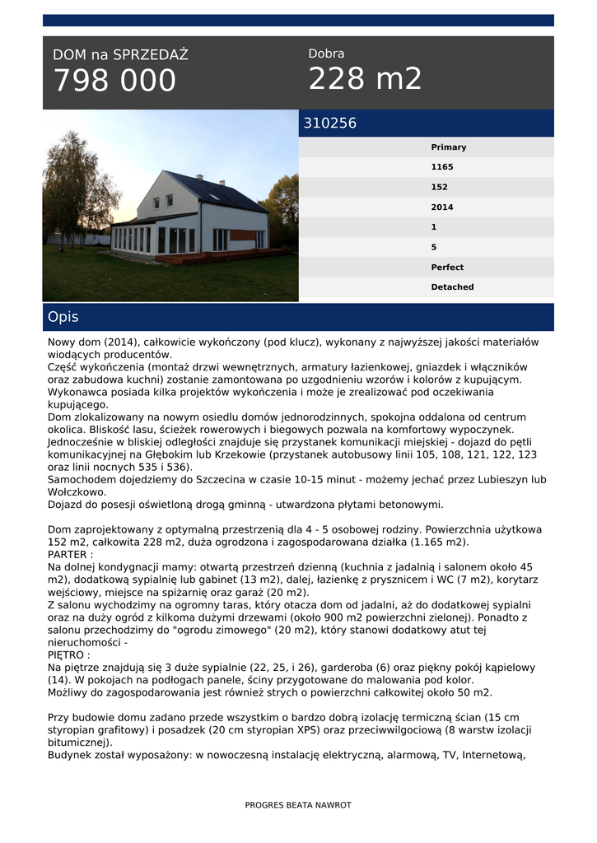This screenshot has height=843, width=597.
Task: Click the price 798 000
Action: point(114,81)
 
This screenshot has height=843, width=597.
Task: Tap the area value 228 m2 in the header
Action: point(365,79)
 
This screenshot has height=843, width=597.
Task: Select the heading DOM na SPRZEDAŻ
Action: point(120,55)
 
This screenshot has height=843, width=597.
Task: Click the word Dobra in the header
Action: point(326,54)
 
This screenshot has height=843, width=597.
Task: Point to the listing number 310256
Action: point(330,123)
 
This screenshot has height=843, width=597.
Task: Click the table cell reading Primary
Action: point(449,147)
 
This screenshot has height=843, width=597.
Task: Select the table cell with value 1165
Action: point(442,167)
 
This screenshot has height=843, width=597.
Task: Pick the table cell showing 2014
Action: point(442,207)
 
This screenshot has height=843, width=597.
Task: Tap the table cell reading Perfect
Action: point(447,268)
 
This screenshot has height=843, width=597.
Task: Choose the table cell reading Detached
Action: point(452,287)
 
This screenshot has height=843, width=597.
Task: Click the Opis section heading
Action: point(63,317)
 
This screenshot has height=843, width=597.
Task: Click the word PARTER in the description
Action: point(68,555)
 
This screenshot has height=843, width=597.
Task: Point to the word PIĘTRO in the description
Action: point(67,655)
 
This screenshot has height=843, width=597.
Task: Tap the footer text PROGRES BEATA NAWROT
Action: point(298,805)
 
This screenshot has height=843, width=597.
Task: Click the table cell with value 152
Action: point(440,188)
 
